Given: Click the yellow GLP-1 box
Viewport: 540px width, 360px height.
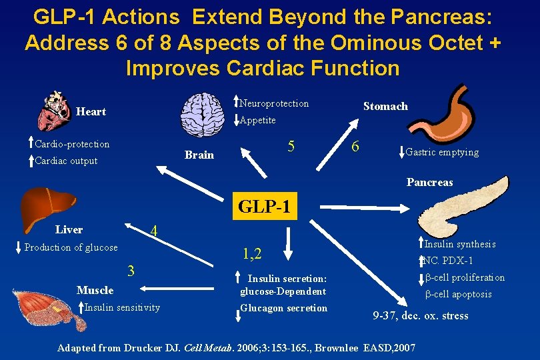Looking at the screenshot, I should pos(265,207).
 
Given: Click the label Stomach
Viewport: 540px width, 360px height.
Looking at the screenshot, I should pos(385,106).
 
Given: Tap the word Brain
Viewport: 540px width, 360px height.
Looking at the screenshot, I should pos(199,155).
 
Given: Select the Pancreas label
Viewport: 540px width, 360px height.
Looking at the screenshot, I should pos(429,182).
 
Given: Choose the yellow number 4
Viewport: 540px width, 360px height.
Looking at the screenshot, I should pos(153,231).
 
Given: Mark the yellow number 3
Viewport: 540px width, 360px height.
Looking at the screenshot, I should pos(131,270).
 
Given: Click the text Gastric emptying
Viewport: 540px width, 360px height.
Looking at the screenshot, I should pos(442,152).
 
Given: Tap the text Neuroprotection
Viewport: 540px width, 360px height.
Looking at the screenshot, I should pos(274,103).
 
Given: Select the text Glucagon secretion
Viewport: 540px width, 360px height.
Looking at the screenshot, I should pos(284,308).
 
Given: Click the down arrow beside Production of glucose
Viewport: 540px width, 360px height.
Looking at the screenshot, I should pos(19,247).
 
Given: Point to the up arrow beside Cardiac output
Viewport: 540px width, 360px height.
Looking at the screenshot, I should pos(30,160).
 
